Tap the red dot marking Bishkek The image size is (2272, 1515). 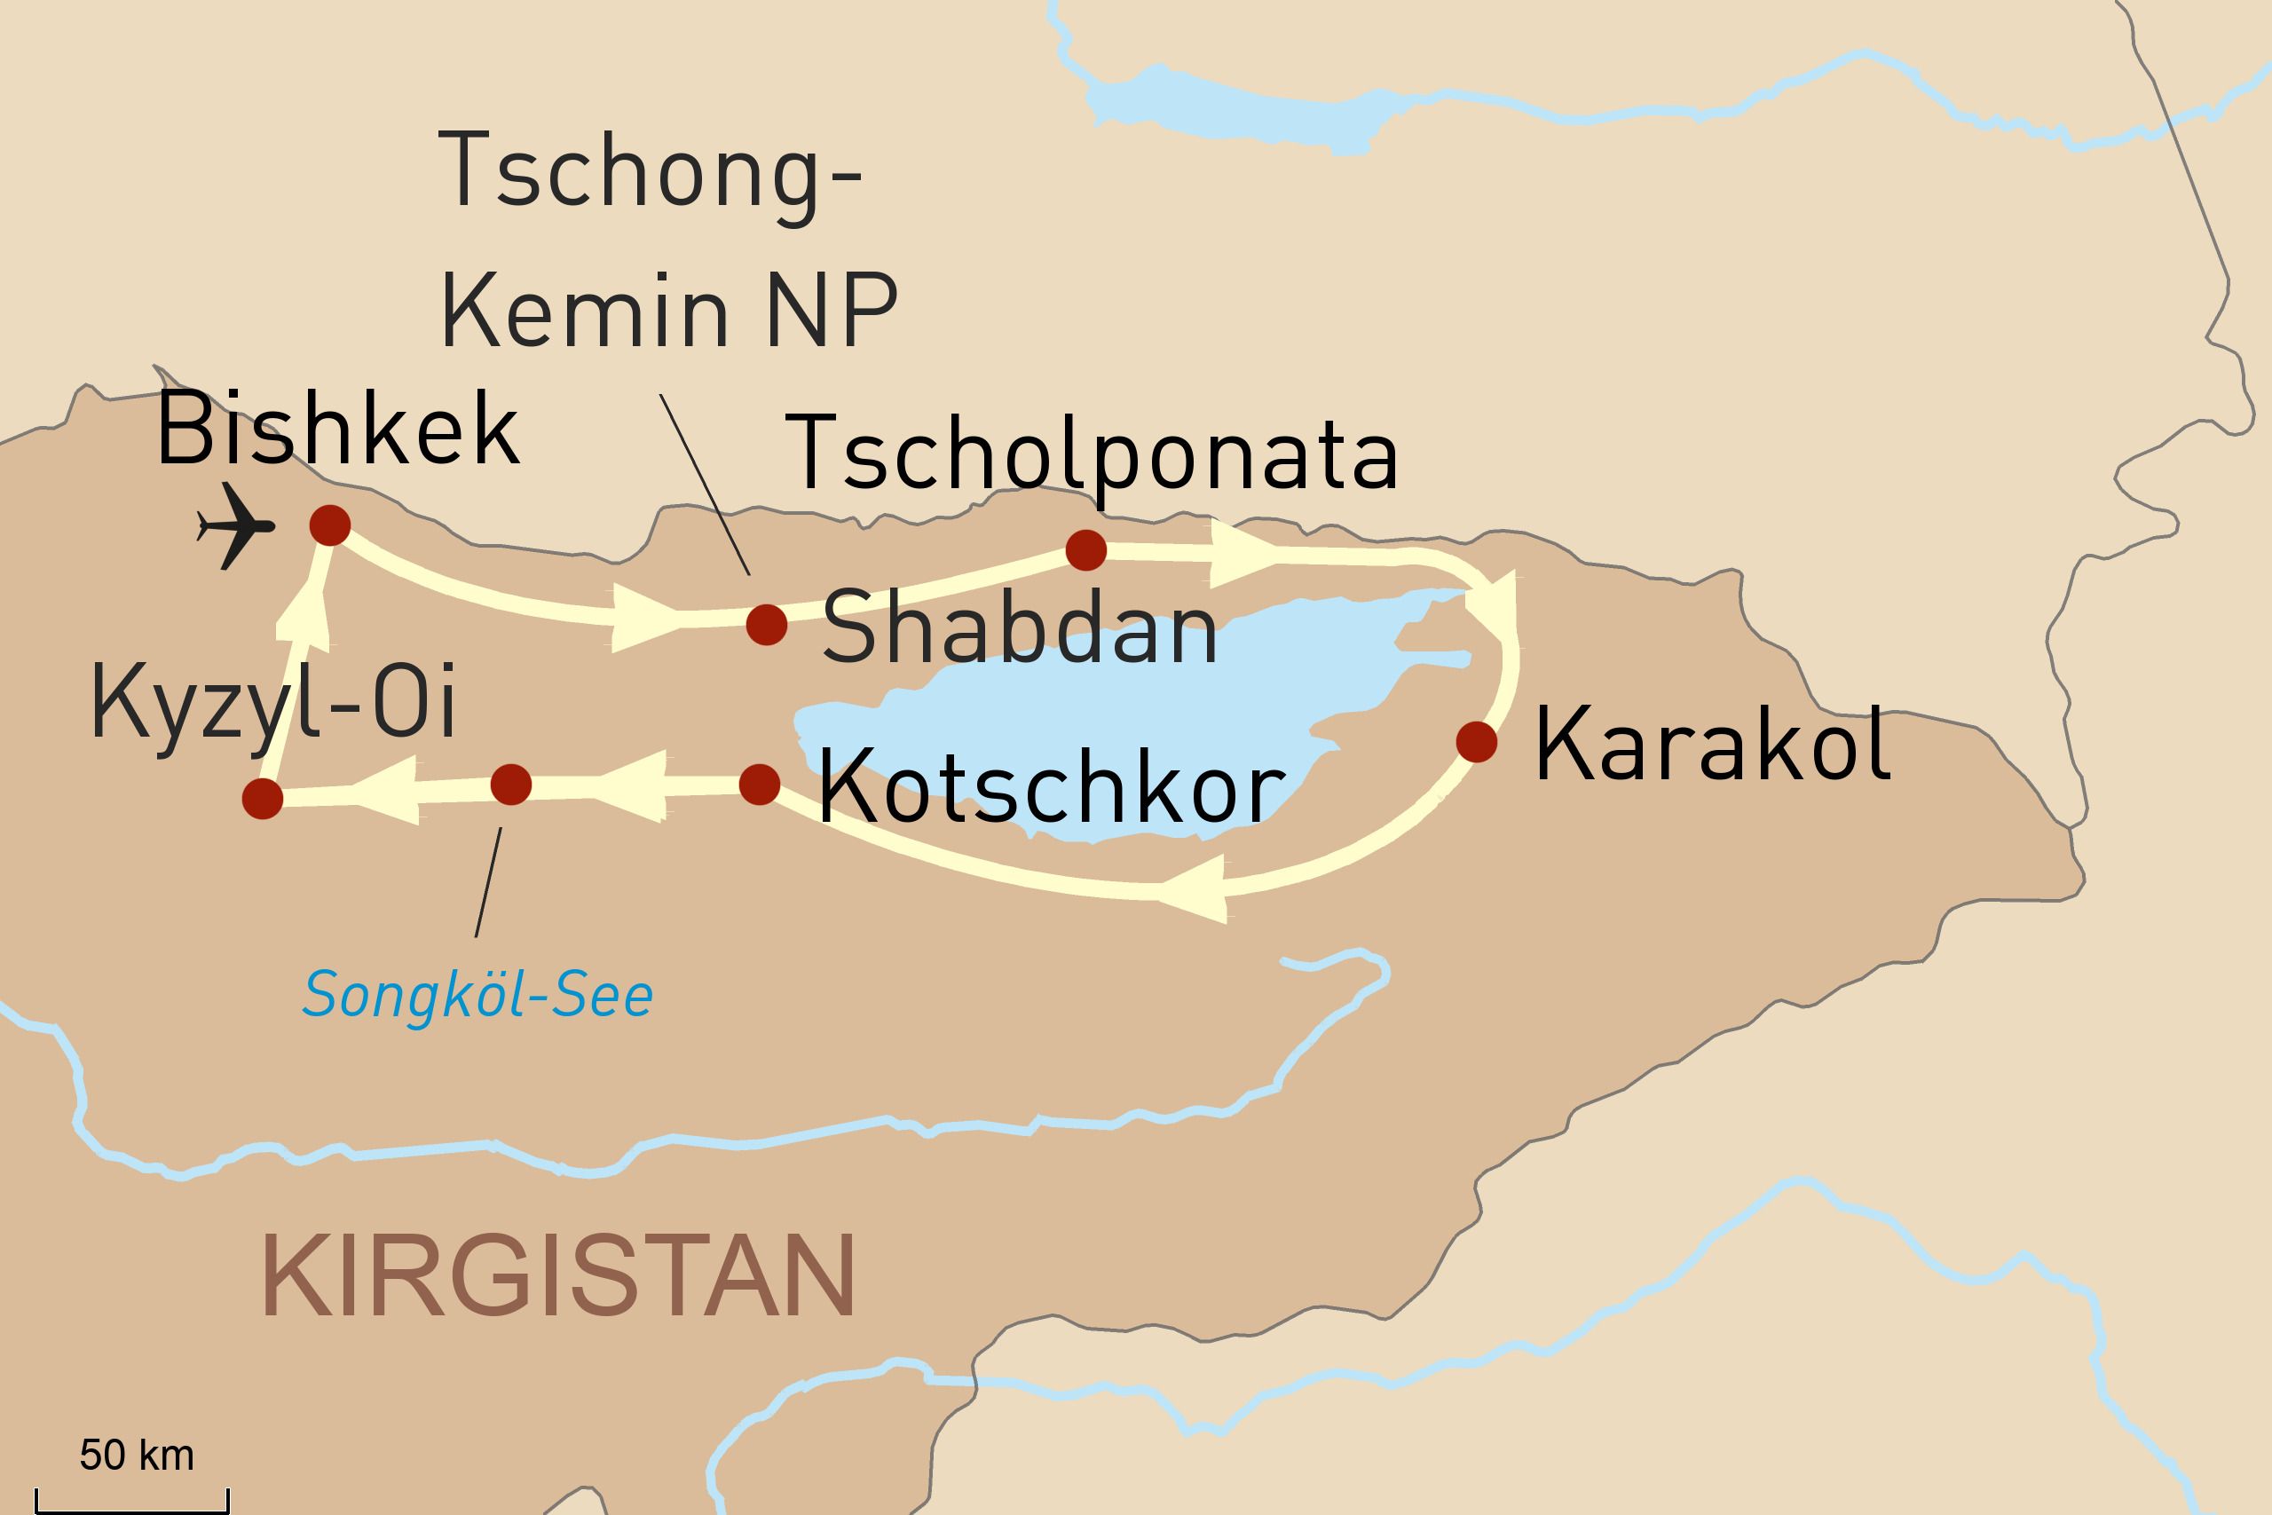(329, 525)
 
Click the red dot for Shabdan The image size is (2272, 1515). (767, 625)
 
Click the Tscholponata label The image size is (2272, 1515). (1092, 452)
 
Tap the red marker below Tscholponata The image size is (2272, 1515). (1085, 549)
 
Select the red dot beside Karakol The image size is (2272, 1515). (1476, 742)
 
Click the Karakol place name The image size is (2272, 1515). (1712, 744)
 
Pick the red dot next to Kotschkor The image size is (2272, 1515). (760, 785)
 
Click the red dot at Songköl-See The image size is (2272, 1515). (511, 785)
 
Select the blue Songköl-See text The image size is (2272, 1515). (478, 995)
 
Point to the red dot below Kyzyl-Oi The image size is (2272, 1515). (263, 799)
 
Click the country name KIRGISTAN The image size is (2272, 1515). (558, 1275)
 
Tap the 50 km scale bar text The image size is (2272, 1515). (138, 1456)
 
